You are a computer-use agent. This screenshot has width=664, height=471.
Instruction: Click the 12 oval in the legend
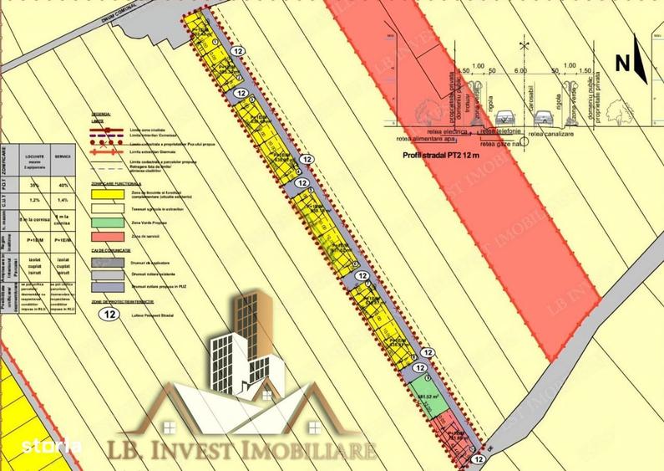tap(108, 315)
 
